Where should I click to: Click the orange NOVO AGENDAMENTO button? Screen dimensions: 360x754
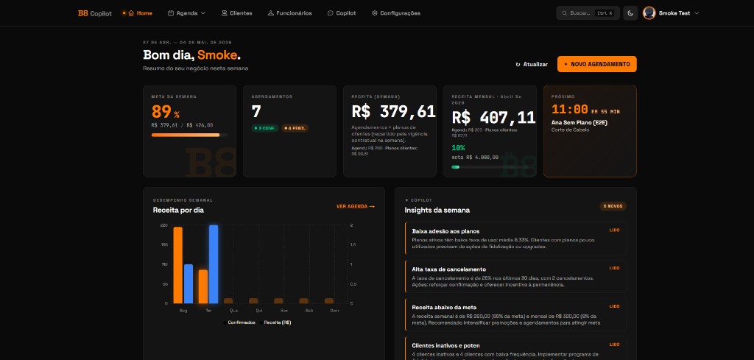(596, 64)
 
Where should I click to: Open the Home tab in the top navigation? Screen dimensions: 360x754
(141, 13)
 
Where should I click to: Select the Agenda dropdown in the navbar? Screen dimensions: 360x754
(186, 13)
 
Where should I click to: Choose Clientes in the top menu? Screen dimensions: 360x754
(236, 13)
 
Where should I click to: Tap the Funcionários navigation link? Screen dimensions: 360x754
(289, 13)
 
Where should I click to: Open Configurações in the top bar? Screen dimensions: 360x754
(396, 13)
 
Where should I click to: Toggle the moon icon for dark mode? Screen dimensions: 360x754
(630, 13)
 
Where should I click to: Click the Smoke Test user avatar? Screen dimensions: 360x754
(649, 13)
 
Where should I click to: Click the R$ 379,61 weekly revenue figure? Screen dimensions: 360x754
(393, 112)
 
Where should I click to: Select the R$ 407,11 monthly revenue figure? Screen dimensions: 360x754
(493, 117)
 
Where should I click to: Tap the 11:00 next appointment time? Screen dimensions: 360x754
(569, 110)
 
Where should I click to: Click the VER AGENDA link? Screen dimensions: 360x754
(355, 206)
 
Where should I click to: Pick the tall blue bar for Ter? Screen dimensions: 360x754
(214, 263)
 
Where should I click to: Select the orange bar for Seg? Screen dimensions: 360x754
(177, 264)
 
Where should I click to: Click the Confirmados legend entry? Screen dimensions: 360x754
(240, 322)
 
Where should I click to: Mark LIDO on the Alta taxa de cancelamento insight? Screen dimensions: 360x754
(614, 268)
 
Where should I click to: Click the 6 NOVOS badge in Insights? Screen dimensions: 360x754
(613, 206)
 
